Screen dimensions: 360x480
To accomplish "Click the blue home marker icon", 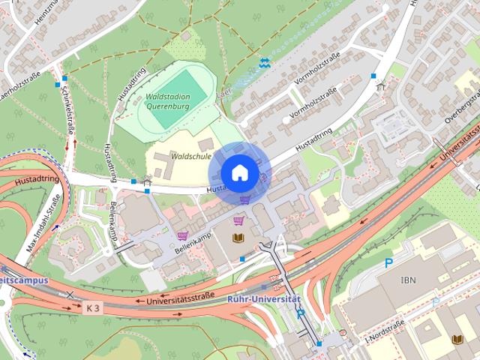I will (x=238, y=172).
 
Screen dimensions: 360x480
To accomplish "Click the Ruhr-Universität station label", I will (x=263, y=299).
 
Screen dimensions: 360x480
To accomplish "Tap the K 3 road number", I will (x=91, y=307).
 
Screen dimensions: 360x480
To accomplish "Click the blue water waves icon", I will (x=263, y=62).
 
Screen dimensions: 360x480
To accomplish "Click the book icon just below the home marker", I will (x=238, y=238).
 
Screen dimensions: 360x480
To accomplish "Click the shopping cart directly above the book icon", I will (x=238, y=220).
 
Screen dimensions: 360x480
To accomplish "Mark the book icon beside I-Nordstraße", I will (x=457, y=340).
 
